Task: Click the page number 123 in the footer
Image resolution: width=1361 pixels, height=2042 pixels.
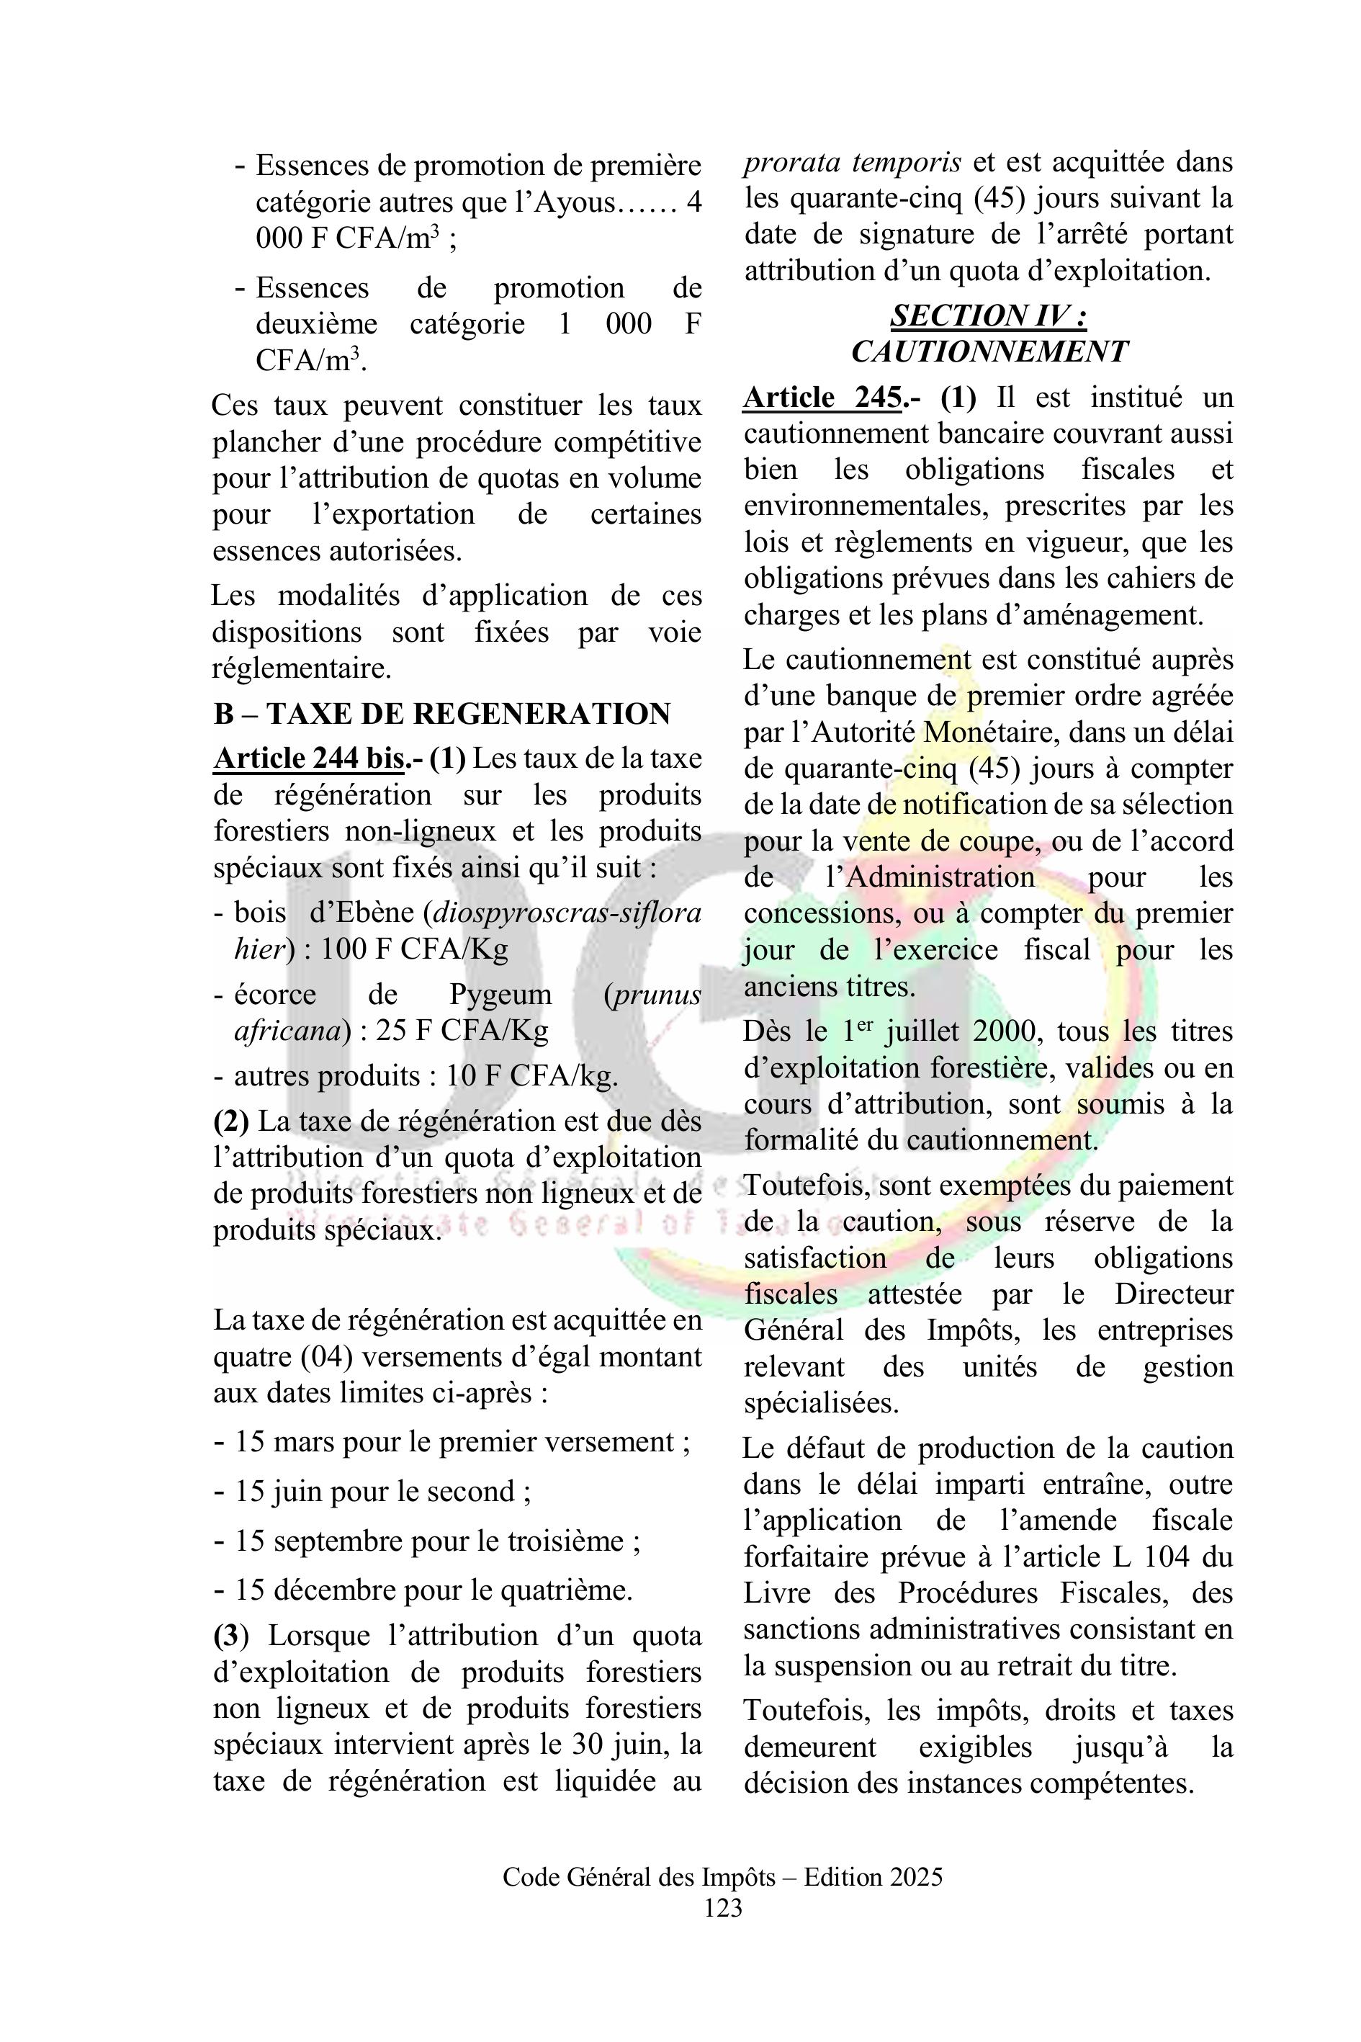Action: (x=723, y=1907)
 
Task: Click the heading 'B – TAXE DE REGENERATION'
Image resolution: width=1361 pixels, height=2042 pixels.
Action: (x=442, y=714)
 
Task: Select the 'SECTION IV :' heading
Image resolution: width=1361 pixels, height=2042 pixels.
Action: (x=988, y=315)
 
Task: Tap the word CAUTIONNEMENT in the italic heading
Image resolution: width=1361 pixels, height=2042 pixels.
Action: (x=988, y=351)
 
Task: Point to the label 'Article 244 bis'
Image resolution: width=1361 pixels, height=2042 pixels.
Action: (x=309, y=758)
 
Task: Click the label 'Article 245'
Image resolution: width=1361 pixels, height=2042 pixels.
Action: (x=821, y=398)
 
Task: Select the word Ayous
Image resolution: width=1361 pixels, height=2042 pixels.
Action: (x=575, y=202)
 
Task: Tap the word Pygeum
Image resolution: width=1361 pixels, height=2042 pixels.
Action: (x=500, y=994)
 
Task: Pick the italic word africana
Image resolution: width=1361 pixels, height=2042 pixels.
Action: (x=286, y=1031)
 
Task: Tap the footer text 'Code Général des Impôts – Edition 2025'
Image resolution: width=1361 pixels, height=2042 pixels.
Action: (x=722, y=1877)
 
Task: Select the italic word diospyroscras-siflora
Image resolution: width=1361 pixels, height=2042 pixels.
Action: (x=567, y=913)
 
